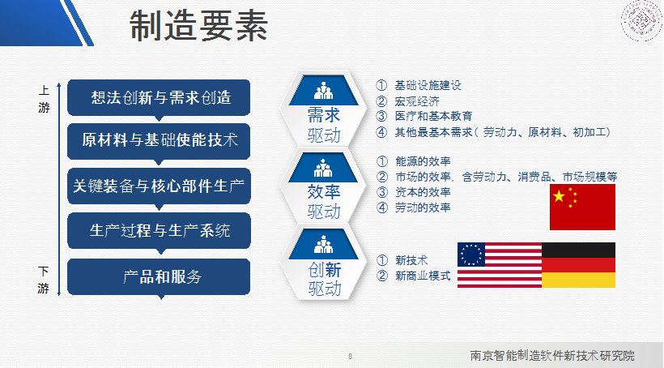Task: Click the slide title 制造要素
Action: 198,25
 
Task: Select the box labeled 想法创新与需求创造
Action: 159,97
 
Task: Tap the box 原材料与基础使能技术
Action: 159,141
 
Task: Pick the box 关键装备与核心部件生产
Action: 159,186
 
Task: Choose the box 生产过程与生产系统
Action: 159,230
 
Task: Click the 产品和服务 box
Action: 159,276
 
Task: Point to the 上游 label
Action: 44,99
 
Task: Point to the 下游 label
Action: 43,280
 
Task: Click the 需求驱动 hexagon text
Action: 324,125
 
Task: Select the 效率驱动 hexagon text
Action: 324,201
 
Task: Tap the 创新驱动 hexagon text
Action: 325,279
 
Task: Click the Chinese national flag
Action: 582,207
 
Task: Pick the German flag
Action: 578,265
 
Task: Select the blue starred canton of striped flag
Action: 471,255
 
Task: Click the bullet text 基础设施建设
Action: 428,85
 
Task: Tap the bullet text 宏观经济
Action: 417,101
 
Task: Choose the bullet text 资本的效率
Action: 423,191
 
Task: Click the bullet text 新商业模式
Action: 423,276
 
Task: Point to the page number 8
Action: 350,356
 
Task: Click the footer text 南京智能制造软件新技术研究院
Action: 552,355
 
